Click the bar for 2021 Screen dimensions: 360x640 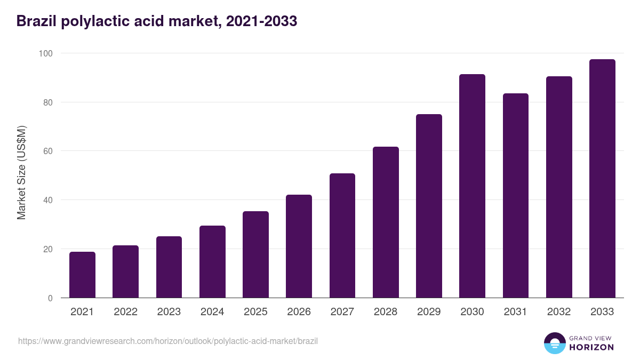82,275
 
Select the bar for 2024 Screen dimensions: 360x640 212,262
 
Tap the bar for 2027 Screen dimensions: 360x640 342,236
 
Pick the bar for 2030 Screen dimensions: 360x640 472,186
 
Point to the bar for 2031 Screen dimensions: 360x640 516,196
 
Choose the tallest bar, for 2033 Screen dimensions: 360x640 602,179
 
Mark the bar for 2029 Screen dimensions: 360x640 429,206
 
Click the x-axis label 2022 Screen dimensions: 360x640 125,312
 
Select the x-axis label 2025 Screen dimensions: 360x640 255,312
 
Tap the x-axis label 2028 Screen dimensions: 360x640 386,312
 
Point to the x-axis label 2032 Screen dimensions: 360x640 559,312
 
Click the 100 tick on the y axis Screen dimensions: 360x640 45,53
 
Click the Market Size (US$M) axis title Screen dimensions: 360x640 21,173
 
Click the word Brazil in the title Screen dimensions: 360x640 37,21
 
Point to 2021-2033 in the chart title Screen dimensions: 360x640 261,21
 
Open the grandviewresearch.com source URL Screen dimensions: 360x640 168,341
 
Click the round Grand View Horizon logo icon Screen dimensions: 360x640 554,343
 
